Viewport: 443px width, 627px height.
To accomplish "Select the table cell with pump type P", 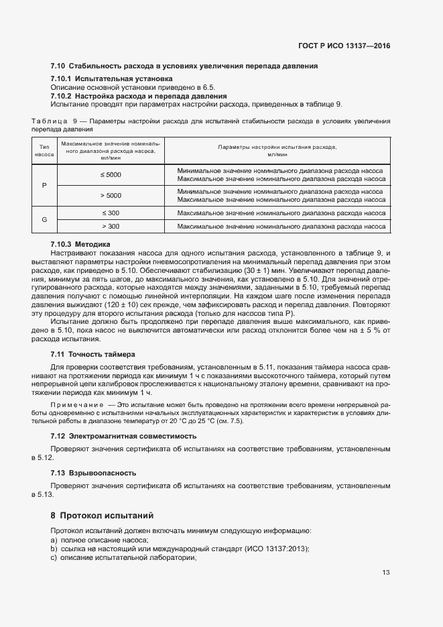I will coord(44,184).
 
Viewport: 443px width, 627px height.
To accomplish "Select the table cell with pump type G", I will coord(44,219).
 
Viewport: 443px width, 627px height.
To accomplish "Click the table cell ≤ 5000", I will coord(111,174).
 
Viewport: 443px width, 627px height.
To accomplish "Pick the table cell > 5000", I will coord(111,195).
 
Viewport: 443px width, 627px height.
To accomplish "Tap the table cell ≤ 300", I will coord(111,213).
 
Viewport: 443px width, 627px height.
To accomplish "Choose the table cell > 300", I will coord(111,227).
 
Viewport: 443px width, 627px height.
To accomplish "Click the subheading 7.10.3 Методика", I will coord(80,244).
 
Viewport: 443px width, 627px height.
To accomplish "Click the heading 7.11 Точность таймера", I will coord(92,354).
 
